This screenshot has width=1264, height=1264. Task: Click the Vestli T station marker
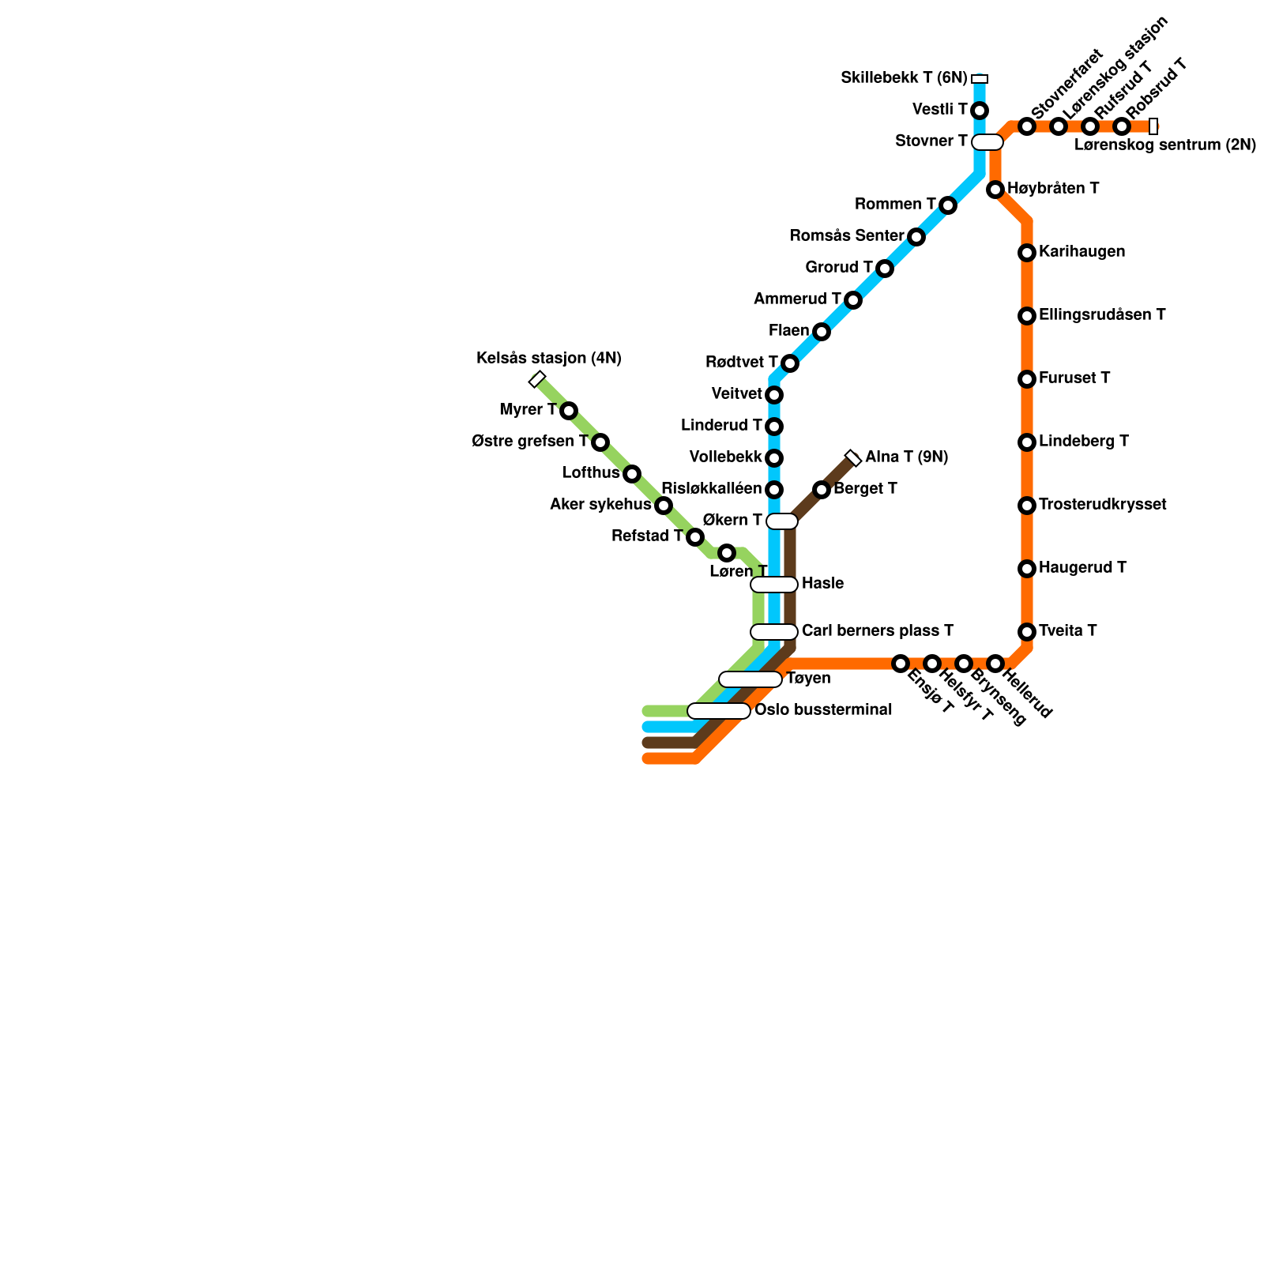(980, 111)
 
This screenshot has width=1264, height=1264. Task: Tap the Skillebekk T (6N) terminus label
(904, 78)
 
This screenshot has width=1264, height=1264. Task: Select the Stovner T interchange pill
(987, 142)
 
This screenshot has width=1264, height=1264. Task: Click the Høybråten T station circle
(995, 190)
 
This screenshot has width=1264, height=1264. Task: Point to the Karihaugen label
(1082, 252)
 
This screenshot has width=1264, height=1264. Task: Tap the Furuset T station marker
(1027, 379)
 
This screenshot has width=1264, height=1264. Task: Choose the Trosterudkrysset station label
(1102, 505)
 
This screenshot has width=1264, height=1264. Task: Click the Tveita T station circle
(1027, 632)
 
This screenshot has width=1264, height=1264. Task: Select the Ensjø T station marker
(901, 664)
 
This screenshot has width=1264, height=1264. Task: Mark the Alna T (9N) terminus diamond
(853, 458)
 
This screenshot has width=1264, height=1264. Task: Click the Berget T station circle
(822, 490)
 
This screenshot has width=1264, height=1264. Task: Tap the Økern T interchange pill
(782, 521)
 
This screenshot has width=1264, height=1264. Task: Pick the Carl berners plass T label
(877, 631)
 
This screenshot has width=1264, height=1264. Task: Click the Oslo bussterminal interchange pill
(719, 711)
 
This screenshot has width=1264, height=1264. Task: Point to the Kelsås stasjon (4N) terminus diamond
(537, 379)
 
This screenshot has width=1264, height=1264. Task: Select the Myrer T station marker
(569, 411)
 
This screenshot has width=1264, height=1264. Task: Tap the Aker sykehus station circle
(664, 506)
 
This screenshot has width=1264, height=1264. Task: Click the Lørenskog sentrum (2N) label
(1164, 145)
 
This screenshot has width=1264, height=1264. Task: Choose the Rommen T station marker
(948, 205)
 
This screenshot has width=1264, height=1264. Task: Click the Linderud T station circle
(774, 427)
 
